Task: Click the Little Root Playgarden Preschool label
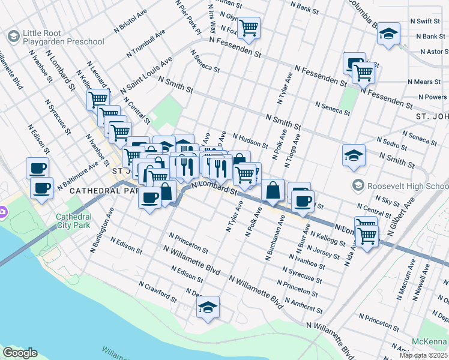coord(62,37)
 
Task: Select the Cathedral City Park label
coord(74,221)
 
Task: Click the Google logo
coord(20,353)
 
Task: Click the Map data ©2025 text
coord(423,355)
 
